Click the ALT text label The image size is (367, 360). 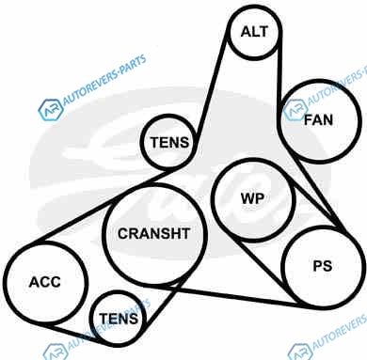coord(254,32)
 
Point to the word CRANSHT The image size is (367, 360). coord(154,233)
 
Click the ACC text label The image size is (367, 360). coord(45,282)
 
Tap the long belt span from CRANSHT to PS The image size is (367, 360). coord(232,295)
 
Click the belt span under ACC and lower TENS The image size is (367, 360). coord(78,336)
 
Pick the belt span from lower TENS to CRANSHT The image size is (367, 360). coord(168,298)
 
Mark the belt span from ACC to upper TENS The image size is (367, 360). coord(104,205)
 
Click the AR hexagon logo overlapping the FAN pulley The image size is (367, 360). coord(295,110)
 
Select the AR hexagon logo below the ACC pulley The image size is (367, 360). coord(56,352)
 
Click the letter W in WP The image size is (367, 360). coord(247,198)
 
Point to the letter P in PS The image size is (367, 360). coord(318,266)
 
